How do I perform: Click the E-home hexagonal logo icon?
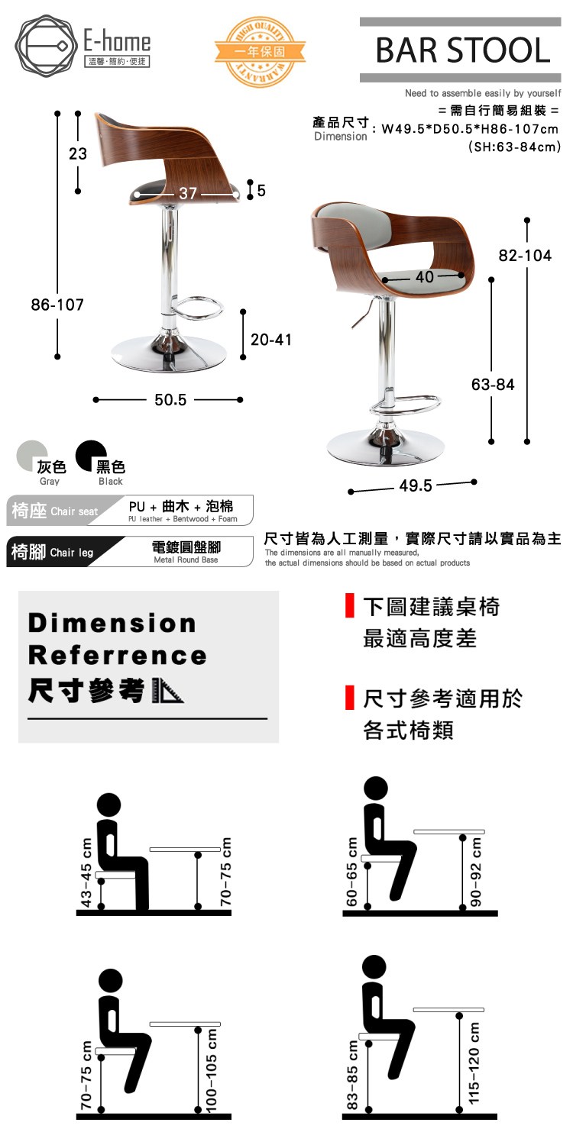pos(46,46)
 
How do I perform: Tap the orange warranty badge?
pos(260,52)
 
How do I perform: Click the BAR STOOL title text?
pos(462,50)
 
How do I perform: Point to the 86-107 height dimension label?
pos(57,305)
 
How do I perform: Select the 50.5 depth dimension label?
pos(170,400)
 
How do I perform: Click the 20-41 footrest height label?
pos(271,340)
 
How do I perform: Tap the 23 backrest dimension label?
pos(78,154)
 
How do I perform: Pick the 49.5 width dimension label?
pos(416,485)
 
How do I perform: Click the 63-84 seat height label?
pos(493,385)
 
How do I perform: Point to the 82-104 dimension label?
pos(525,256)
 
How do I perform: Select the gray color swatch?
pos(32,456)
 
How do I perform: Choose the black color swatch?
pos(91,456)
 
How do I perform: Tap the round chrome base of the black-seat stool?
pos(169,353)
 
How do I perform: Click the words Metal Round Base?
pos(186,560)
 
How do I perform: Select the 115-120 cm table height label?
pos(474,1063)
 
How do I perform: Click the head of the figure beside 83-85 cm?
pos(374,967)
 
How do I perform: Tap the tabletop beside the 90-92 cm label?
pos(449,832)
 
